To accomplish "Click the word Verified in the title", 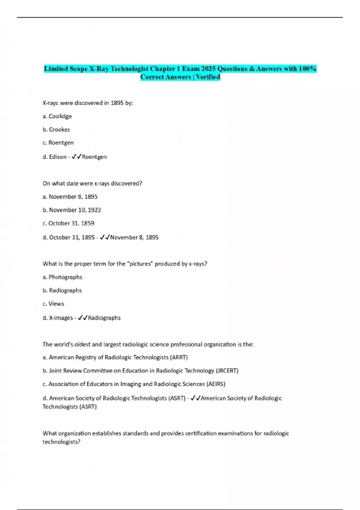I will (x=208, y=77).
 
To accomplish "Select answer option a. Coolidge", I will (x=57, y=116).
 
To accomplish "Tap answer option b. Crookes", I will (x=56, y=130).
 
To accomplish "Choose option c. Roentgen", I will (x=58, y=143).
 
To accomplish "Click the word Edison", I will (x=58, y=157).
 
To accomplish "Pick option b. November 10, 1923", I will (x=72, y=210).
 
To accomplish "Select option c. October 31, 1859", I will (x=68, y=223).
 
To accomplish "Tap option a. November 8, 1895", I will (x=70, y=197).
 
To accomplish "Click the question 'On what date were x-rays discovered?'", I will (x=92, y=183).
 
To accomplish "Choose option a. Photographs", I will (x=62, y=277).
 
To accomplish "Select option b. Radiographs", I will (x=62, y=290).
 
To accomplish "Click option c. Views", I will (x=53, y=304).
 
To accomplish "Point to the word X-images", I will (x=61, y=318).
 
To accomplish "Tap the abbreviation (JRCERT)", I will (x=227, y=371).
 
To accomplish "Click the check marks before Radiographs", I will (x=82, y=318).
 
